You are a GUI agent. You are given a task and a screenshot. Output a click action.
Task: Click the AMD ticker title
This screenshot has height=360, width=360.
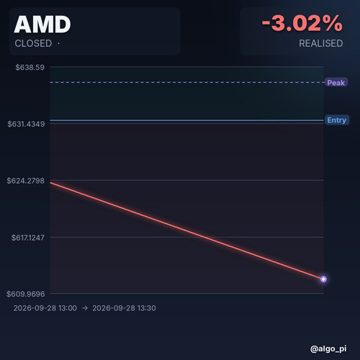click(42, 24)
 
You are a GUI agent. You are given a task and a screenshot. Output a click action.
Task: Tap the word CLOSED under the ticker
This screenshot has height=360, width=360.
click(33, 43)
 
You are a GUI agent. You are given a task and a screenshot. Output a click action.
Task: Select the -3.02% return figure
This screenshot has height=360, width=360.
click(302, 23)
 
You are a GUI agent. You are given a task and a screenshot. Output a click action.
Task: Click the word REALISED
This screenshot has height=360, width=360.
click(321, 43)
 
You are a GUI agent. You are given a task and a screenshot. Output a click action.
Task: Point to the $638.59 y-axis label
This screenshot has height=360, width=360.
click(30, 67)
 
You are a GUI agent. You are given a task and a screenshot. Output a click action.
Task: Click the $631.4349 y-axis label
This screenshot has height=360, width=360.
click(26, 124)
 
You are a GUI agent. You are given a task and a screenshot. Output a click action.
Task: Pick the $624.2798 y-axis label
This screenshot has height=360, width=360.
click(26, 181)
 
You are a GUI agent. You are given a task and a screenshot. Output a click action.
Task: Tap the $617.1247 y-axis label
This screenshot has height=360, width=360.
click(28, 238)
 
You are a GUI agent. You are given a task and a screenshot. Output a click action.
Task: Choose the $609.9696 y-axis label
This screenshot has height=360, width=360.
click(26, 294)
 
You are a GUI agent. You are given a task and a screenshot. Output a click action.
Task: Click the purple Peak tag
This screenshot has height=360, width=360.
click(336, 83)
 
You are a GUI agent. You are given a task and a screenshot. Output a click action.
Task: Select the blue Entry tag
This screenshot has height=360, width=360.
click(337, 120)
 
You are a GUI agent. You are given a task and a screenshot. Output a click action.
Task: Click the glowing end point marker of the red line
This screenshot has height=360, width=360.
click(323, 279)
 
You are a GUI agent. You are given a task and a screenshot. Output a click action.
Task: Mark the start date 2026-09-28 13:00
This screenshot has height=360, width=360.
click(45, 308)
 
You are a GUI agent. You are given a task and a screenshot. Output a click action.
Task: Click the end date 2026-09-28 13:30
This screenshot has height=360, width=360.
click(124, 308)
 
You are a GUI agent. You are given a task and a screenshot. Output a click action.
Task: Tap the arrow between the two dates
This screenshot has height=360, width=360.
click(85, 308)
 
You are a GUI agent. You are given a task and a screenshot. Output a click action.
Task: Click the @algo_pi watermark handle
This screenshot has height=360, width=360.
click(328, 348)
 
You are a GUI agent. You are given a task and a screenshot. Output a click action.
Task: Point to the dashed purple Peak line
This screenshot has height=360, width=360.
click(187, 82)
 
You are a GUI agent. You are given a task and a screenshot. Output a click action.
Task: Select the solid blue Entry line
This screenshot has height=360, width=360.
click(187, 120)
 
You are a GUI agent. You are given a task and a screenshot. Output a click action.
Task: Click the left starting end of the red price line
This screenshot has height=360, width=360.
click(50, 183)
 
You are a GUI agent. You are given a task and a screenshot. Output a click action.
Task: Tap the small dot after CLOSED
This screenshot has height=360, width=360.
click(58, 43)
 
